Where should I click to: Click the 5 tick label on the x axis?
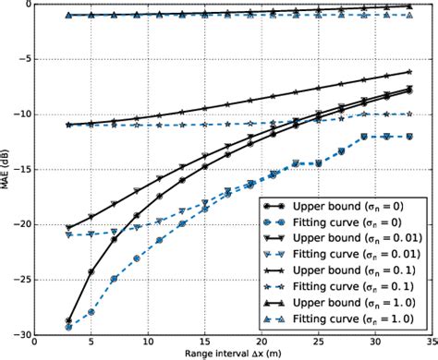pos(91,342)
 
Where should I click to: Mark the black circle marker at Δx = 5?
pos(91,272)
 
